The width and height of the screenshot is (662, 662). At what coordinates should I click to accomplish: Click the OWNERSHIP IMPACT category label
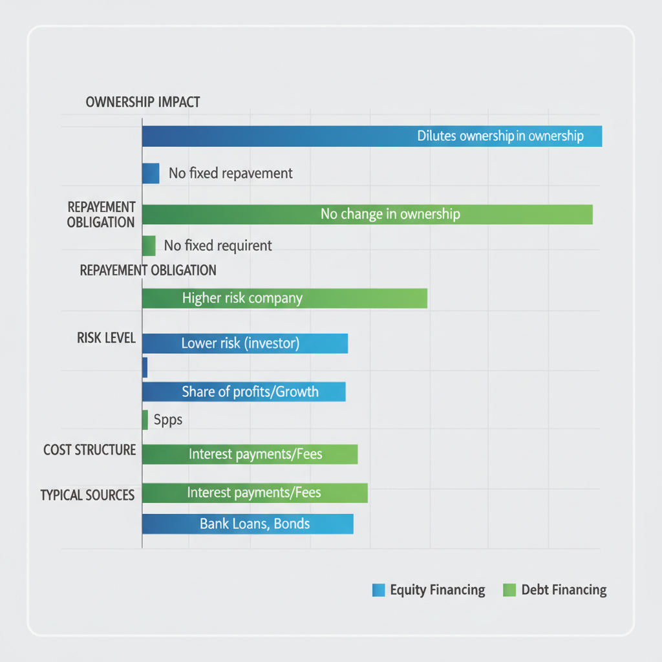[x=142, y=102]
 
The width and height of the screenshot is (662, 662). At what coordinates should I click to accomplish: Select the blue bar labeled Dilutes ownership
[x=372, y=136]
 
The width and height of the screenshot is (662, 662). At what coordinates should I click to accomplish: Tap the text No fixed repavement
[x=230, y=173]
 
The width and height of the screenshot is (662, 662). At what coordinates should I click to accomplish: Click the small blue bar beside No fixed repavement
[x=150, y=173]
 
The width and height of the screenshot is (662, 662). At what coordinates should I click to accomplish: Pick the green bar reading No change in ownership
[x=367, y=214]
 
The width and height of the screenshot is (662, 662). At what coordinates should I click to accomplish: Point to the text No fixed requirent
[x=218, y=246]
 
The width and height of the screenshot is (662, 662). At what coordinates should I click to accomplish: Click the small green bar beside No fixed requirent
[x=148, y=246]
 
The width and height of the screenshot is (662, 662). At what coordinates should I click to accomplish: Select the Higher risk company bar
[x=284, y=298]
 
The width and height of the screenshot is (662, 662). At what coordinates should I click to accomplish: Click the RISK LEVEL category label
[x=106, y=338]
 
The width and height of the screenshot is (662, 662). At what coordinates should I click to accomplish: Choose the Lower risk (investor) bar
[x=244, y=343]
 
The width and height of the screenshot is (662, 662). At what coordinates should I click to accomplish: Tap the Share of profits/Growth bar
[x=243, y=392]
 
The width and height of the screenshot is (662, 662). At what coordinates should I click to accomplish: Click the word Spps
[x=168, y=420]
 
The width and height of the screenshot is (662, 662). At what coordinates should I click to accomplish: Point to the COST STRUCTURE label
[x=89, y=450]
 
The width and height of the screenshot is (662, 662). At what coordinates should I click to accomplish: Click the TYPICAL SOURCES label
[x=87, y=495]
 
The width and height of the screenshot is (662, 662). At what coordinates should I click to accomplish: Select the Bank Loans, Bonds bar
[x=247, y=524]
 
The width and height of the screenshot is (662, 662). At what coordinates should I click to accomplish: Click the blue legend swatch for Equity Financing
[x=379, y=590]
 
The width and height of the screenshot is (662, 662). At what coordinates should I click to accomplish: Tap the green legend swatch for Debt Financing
[x=509, y=590]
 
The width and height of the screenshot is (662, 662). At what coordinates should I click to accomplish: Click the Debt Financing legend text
[x=564, y=590]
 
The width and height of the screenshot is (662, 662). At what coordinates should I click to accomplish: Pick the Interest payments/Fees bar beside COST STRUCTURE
[x=250, y=454]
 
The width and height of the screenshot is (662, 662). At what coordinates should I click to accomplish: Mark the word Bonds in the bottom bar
[x=292, y=524]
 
